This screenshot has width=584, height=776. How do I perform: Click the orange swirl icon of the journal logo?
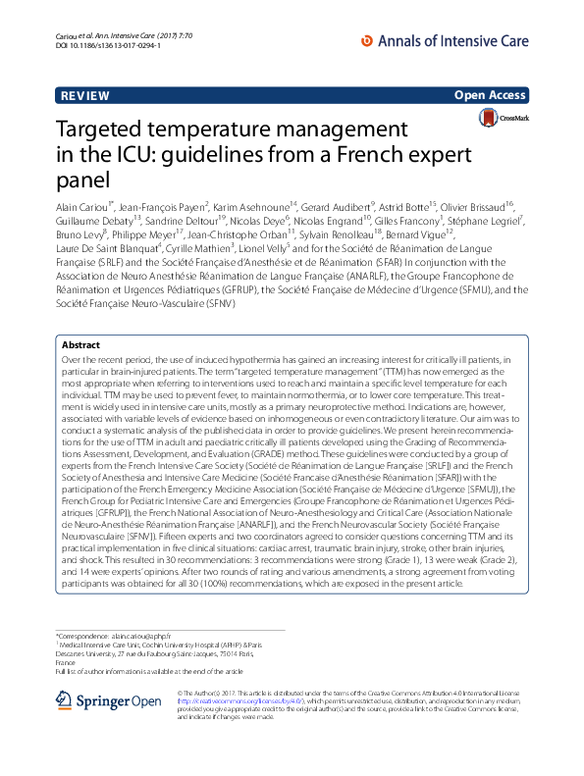coord(368,41)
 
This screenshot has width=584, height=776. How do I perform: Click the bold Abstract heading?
coord(80,345)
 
